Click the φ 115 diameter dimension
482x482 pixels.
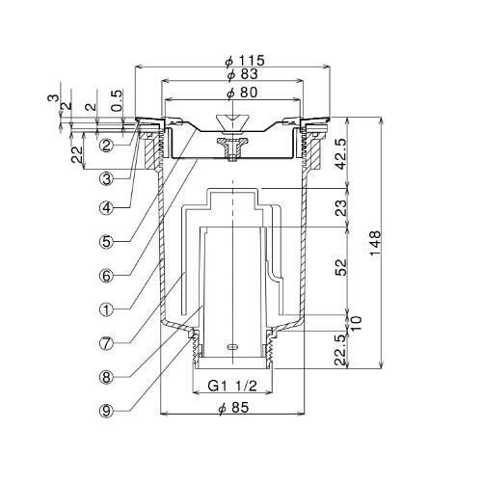245,60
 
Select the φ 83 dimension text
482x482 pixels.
242,74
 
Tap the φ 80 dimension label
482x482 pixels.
242,93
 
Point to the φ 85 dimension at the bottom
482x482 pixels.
233,408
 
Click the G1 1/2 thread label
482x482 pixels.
232,386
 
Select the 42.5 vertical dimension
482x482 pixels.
341,153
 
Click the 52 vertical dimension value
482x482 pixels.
341,267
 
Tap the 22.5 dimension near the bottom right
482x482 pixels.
341,349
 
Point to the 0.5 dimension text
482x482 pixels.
117,100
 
